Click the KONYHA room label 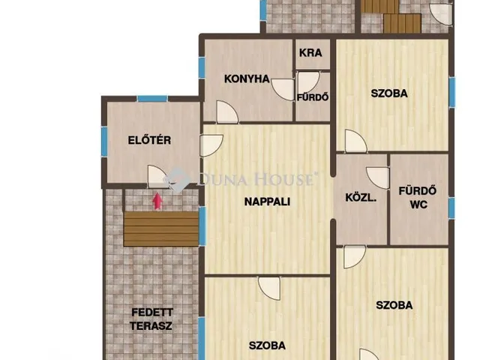pyautogui.click(x=246, y=79)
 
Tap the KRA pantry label pyautogui.click(x=310, y=53)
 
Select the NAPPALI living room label pyautogui.click(x=267, y=201)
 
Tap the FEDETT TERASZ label pyautogui.click(x=151, y=319)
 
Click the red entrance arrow pyautogui.click(x=157, y=200)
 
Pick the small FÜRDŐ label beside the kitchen pyautogui.click(x=313, y=97)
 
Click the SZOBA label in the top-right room pyautogui.click(x=389, y=94)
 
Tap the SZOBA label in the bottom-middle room pyautogui.click(x=267, y=346)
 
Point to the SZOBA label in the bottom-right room pyautogui.click(x=394, y=305)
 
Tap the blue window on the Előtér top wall pyautogui.click(x=152, y=99)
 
